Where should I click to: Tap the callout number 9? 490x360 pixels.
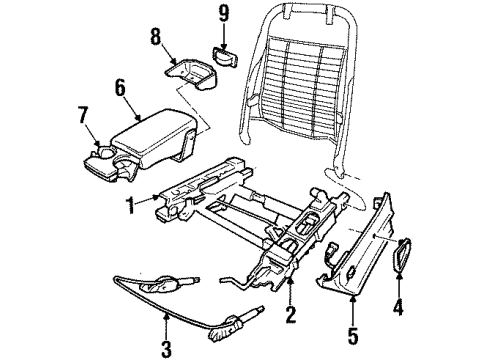pos(223,14)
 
